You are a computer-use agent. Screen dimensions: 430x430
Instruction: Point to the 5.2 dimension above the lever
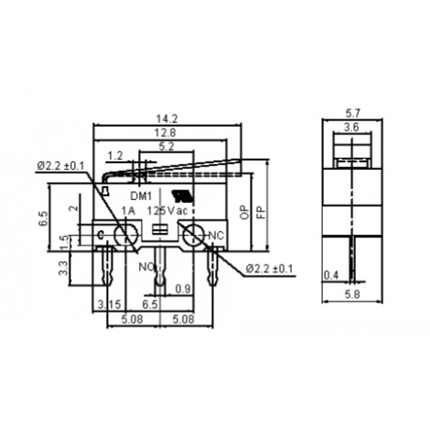coord(166,146)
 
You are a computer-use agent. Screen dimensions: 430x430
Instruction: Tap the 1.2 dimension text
coord(115,155)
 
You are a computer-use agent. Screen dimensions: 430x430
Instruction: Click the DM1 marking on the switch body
coord(140,195)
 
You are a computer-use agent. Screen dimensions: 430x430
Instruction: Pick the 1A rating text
coord(129,210)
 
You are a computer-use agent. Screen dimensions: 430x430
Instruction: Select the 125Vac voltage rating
coord(166,210)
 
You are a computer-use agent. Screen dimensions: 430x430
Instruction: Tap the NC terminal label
coord(215,234)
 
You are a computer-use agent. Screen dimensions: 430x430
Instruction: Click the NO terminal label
coord(147,266)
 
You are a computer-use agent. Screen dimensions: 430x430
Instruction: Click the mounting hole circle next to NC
coord(192,237)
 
